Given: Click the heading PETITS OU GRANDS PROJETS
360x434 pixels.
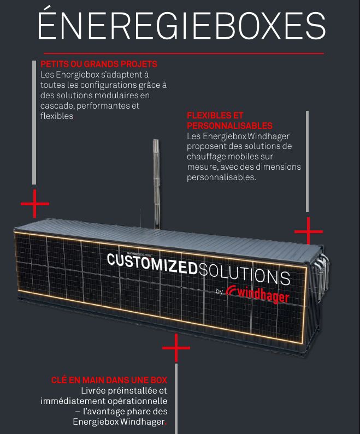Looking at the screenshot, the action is pyautogui.click(x=99, y=64).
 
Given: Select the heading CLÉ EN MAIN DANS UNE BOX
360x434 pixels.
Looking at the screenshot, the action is pyautogui.click(x=109, y=380).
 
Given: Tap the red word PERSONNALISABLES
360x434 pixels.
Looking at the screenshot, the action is pyautogui.click(x=229, y=126).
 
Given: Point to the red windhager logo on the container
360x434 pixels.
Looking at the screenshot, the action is pyautogui.click(x=257, y=294).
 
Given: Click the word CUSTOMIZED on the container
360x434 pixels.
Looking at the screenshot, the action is pyautogui.click(x=152, y=264).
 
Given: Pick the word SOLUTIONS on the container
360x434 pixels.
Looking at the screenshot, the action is pyautogui.click(x=244, y=274).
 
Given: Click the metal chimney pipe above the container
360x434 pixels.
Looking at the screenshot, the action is pyautogui.click(x=156, y=184).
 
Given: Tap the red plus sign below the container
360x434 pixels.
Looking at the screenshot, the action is pyautogui.click(x=176, y=348).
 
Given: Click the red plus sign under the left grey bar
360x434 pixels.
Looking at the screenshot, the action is pyautogui.click(x=34, y=204).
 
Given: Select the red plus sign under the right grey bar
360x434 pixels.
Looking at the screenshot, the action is pyautogui.click(x=309, y=231).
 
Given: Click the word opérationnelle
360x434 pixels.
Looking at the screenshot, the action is pyautogui.click(x=137, y=401).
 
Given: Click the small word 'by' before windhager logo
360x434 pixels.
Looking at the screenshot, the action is pyautogui.click(x=219, y=292).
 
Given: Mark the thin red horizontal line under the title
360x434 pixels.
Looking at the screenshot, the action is pyautogui.click(x=184, y=53).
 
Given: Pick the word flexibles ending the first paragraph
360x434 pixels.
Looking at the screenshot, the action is pyautogui.click(x=57, y=116).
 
